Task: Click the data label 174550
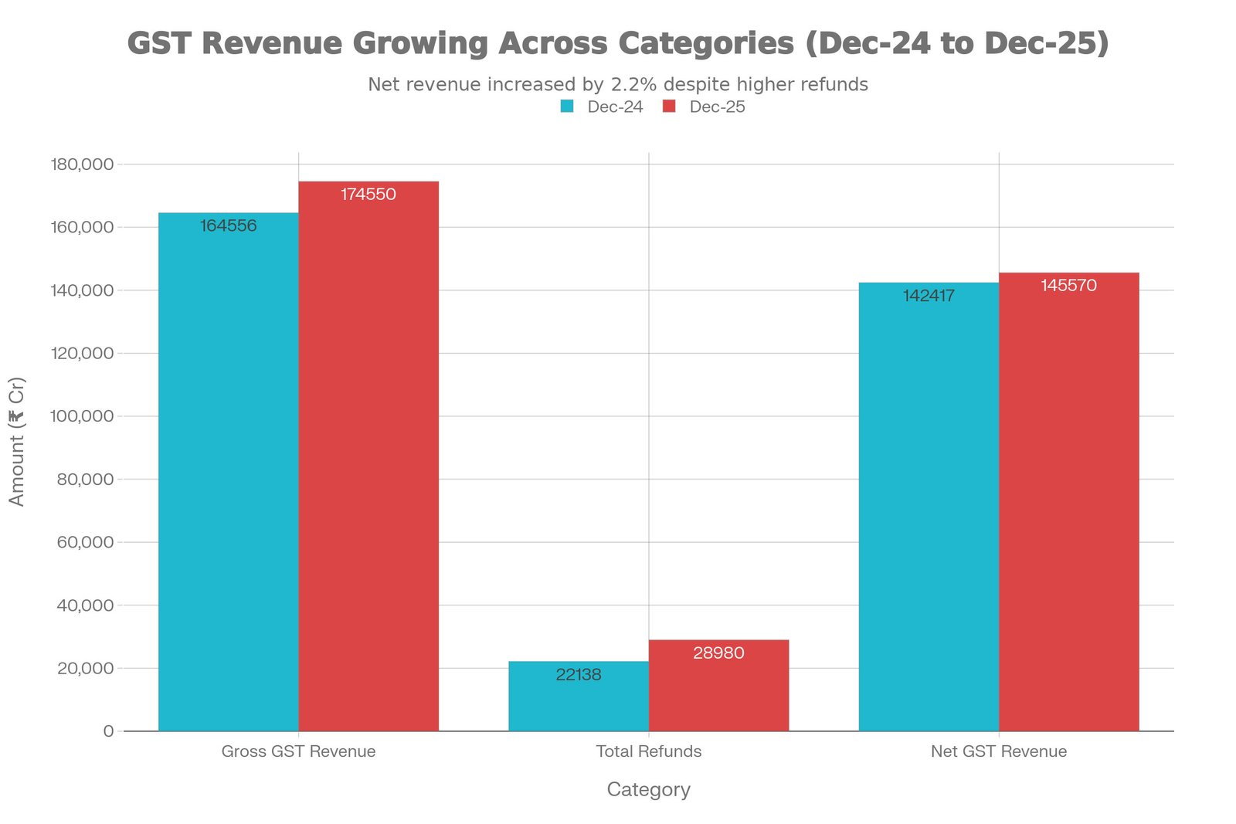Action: pos(368,195)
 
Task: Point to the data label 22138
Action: pos(579,675)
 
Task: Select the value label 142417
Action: pos(929,296)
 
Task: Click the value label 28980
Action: pos(718,653)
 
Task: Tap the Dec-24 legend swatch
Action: pos(568,107)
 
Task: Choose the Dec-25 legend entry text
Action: pos(717,107)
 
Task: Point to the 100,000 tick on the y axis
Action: pos(82,416)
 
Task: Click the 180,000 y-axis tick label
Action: pos(82,164)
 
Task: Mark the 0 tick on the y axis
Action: pos(108,731)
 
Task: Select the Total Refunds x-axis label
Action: pos(649,751)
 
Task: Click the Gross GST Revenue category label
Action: pos(298,751)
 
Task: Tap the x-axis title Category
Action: pos(649,789)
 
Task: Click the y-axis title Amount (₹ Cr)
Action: pos(17,442)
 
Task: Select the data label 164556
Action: pos(228,226)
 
